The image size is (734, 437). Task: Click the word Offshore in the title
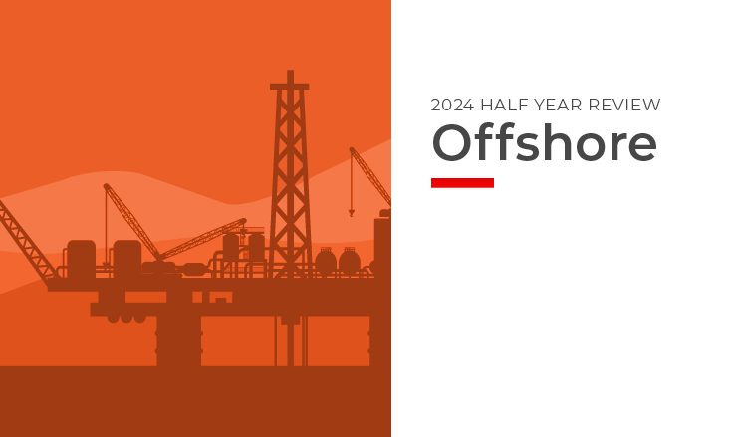pyautogui.click(x=544, y=144)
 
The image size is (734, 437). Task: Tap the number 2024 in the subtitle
pyautogui.click(x=451, y=105)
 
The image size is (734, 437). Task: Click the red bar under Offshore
pyautogui.click(x=462, y=182)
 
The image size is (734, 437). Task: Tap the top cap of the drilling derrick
pyautogui.click(x=290, y=86)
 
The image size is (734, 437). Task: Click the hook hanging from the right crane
pyautogui.click(x=351, y=211)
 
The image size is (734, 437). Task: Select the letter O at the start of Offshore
pyautogui.click(x=450, y=144)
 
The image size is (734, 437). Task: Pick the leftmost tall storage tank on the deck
pyautogui.click(x=81, y=259)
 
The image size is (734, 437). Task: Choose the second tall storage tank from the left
pyautogui.click(x=126, y=259)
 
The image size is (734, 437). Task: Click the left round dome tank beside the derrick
pyautogui.click(x=326, y=262)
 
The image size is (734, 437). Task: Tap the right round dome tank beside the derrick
pyautogui.click(x=350, y=262)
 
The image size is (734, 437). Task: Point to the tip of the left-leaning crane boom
pyautogui.click(x=106, y=186)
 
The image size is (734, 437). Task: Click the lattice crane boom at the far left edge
pyautogui.click(x=25, y=239)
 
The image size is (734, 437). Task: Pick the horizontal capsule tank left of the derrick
pyautogui.click(x=194, y=269)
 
